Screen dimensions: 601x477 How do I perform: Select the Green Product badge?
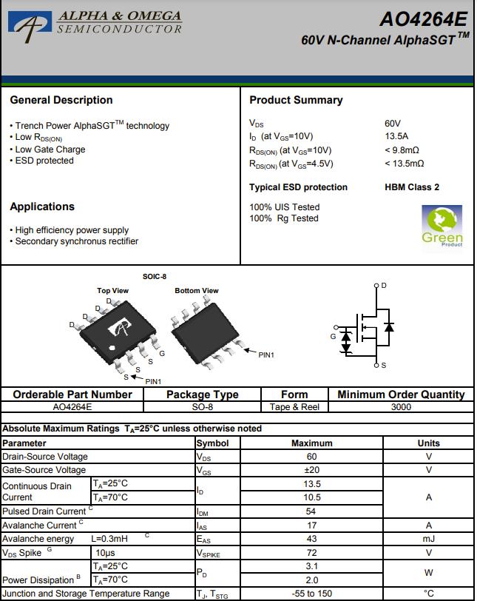click(x=442, y=226)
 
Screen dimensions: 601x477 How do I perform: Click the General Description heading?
click(x=61, y=100)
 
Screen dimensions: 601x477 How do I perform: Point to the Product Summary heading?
click(x=296, y=100)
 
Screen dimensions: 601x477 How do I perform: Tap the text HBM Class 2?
click(x=412, y=187)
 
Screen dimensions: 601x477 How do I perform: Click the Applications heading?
click(x=42, y=207)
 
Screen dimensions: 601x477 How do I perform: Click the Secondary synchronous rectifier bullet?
click(x=76, y=241)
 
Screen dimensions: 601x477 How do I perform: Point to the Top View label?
click(x=112, y=291)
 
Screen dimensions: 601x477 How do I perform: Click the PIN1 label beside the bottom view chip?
click(x=266, y=355)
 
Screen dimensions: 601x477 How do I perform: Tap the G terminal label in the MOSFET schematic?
click(x=333, y=337)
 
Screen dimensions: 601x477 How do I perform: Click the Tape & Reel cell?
click(x=294, y=406)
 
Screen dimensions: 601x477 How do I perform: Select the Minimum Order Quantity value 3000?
click(x=401, y=406)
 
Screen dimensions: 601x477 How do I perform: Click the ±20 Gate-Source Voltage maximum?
click(x=311, y=470)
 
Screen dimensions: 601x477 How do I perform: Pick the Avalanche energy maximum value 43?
click(x=311, y=539)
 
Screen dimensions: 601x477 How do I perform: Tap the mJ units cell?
click(x=428, y=539)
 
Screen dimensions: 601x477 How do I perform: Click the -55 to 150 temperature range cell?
click(x=311, y=594)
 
